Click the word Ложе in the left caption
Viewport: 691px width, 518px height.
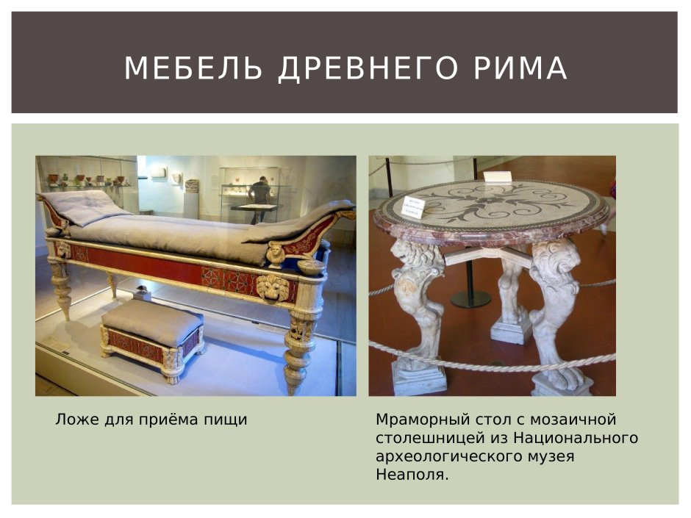[x=73, y=420]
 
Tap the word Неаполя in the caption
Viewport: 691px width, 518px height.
[x=410, y=475]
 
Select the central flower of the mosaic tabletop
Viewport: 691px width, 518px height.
[x=488, y=197]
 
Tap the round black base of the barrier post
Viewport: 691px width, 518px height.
[x=470, y=298]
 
